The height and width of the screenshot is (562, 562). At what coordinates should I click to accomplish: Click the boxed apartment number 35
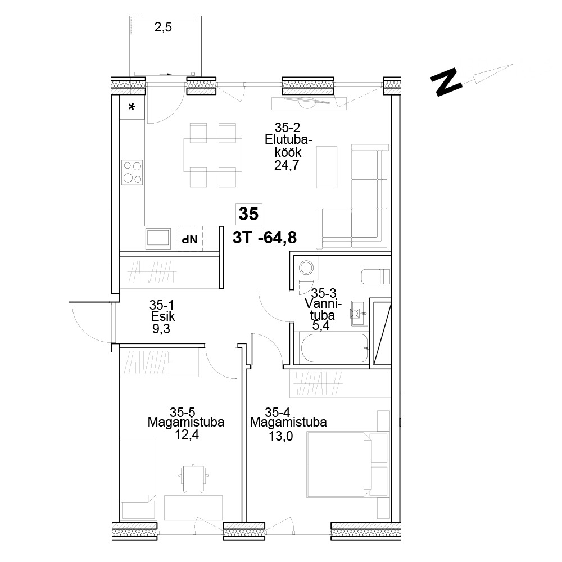[248, 214]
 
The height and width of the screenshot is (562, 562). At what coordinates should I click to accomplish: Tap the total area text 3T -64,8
[265, 237]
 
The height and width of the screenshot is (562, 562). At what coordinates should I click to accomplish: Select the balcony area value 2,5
[163, 27]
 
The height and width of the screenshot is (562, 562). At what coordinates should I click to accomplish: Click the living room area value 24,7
[287, 165]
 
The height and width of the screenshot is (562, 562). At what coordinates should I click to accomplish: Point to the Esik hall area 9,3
[161, 329]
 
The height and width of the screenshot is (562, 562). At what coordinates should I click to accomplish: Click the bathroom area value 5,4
[321, 325]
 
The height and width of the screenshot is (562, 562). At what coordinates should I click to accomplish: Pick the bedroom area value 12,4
[187, 435]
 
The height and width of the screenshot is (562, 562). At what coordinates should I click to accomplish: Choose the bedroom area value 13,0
[280, 436]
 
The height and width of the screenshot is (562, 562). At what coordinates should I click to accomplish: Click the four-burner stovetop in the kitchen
[132, 172]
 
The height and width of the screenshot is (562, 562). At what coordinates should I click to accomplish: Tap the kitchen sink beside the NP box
[158, 238]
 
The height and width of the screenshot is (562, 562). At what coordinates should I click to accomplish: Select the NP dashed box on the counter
[191, 239]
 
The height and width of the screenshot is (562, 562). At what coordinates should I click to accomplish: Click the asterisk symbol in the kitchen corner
[132, 107]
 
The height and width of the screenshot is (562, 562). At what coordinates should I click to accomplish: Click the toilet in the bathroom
[375, 277]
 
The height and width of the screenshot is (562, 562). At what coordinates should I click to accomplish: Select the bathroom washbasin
[359, 313]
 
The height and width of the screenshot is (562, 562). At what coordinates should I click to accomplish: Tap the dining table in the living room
[213, 155]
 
